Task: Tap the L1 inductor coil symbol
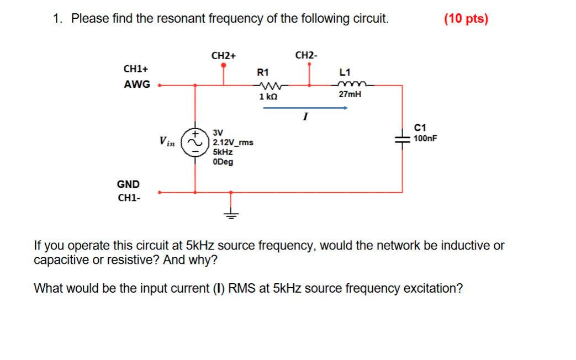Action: click(x=350, y=85)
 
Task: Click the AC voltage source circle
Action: click(x=195, y=142)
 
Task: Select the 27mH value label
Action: click(x=350, y=94)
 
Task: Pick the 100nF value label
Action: click(x=425, y=138)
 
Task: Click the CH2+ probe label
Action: click(x=223, y=56)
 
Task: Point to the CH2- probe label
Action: click(x=307, y=55)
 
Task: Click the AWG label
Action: click(x=136, y=84)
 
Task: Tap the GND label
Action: click(x=128, y=184)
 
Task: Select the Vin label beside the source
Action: click(x=167, y=142)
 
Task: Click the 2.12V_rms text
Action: click(x=233, y=142)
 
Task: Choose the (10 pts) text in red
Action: click(x=466, y=19)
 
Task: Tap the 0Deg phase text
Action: click(x=223, y=162)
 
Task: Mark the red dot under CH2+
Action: click(x=223, y=65)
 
